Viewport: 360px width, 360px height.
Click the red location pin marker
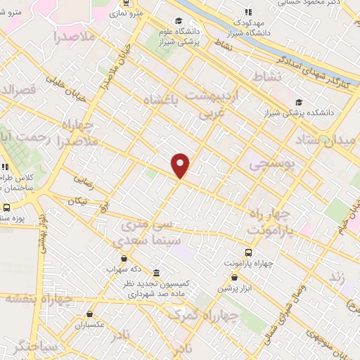coord(181,165)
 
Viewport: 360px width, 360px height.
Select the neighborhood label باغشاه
coord(162,103)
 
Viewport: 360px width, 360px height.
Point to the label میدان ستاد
coord(329,140)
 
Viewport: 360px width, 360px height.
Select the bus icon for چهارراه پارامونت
coord(248,252)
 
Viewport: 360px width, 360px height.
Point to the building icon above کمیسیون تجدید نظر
coord(156,273)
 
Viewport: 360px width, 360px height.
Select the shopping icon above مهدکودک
coord(247,12)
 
